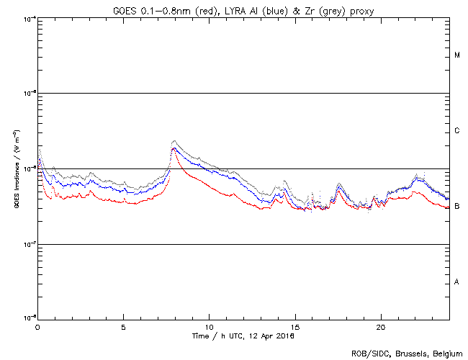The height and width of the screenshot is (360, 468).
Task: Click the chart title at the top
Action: click(x=243, y=9)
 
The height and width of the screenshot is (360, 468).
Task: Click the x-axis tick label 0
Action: click(x=37, y=327)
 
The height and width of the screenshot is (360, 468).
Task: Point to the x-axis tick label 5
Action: click(x=123, y=327)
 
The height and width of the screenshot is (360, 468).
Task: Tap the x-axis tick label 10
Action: click(x=209, y=327)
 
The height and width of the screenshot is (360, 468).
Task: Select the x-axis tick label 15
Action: click(x=294, y=327)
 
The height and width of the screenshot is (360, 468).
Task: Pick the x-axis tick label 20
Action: click(x=380, y=327)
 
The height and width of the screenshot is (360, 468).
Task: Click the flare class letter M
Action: click(x=457, y=55)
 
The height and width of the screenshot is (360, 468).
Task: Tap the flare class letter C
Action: click(x=457, y=131)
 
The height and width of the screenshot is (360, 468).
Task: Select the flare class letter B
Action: click(x=457, y=207)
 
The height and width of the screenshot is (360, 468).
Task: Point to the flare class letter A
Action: click(x=457, y=282)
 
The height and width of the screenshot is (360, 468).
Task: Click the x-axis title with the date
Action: click(x=243, y=336)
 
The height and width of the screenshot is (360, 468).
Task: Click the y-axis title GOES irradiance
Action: click(x=16, y=168)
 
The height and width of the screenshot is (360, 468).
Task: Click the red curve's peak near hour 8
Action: click(x=174, y=148)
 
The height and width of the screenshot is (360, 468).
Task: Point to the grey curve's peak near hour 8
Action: click(x=174, y=141)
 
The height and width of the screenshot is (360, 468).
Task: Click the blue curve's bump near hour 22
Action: click(x=415, y=179)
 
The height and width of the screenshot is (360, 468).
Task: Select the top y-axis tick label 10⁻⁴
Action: click(x=30, y=19)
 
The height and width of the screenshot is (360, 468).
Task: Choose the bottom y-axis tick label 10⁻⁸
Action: click(x=30, y=318)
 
